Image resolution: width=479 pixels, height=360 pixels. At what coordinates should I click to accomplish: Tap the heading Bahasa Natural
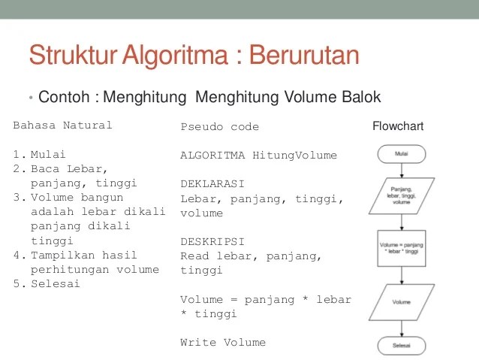pyautogui.click(x=62, y=126)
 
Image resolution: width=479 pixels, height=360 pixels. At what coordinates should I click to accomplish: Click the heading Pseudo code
pyautogui.click(x=219, y=127)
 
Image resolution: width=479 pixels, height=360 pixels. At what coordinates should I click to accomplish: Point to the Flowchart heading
pyautogui.click(x=398, y=126)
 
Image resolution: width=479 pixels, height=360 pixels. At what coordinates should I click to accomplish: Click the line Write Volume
pyautogui.click(x=223, y=342)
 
